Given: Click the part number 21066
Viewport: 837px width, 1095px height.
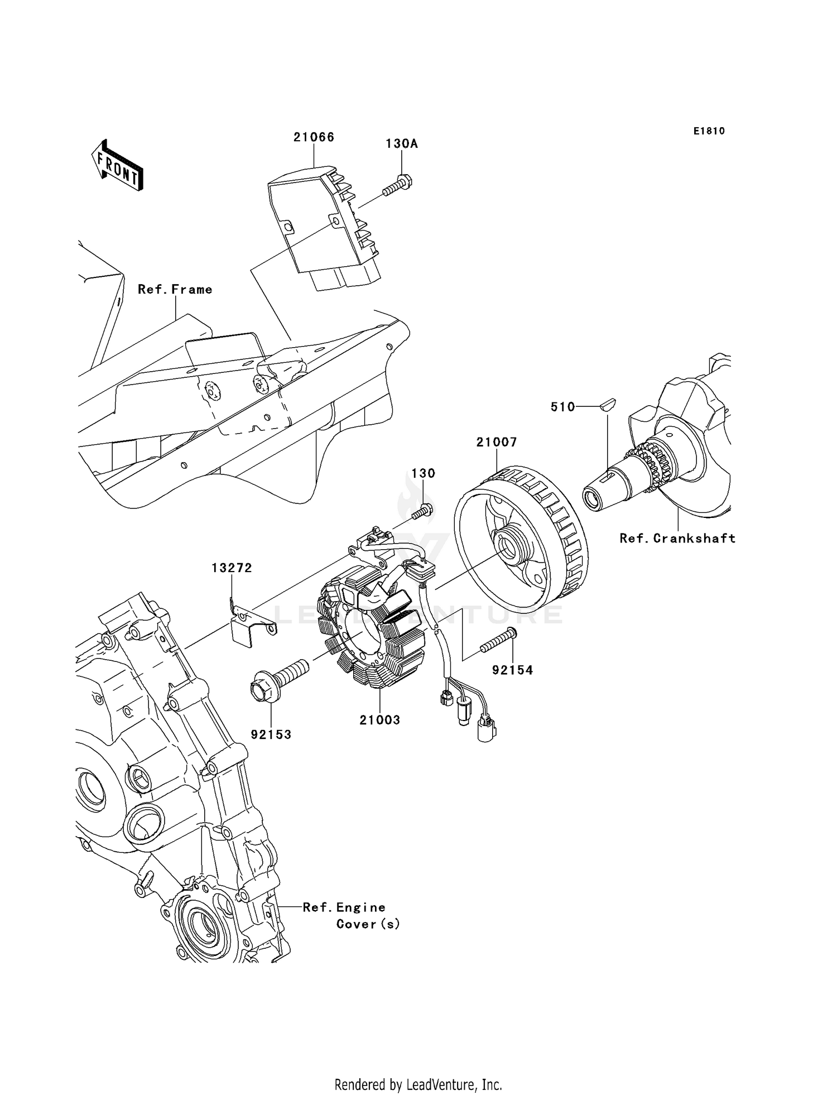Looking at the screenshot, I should (x=314, y=137).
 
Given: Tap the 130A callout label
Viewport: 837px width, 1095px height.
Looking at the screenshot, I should (x=401, y=144).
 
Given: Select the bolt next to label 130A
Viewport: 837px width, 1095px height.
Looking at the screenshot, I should (x=398, y=185).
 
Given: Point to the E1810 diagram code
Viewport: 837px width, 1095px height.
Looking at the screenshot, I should (x=709, y=131).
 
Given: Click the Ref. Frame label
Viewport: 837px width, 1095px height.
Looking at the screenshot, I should (x=175, y=290).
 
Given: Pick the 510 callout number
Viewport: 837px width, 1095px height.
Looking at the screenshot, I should (x=562, y=407).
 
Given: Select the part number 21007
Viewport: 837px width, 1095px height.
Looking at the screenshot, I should (x=497, y=443).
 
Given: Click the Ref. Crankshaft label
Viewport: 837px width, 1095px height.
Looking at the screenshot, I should (x=677, y=539).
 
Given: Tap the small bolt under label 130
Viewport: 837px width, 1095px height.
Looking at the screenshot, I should (x=424, y=512).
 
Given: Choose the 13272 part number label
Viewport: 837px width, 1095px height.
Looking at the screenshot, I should (x=232, y=568).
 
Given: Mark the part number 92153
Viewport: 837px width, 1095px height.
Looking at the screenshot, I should (x=271, y=735).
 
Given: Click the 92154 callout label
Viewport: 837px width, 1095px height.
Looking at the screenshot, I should (x=512, y=670).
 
